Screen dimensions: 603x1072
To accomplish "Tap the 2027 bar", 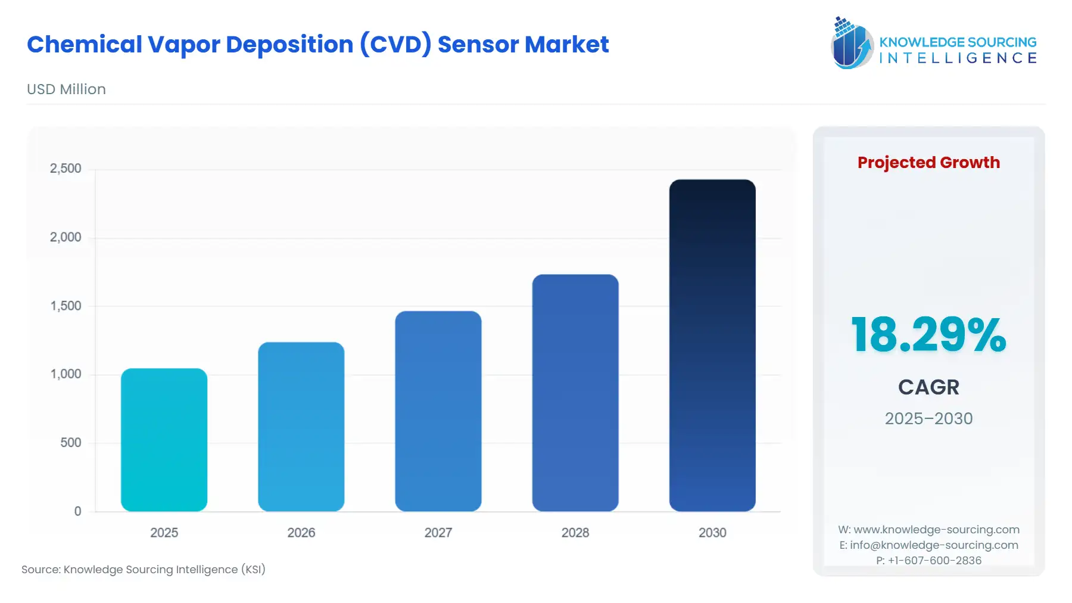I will (438, 411).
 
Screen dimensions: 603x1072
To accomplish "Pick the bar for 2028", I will (575, 393).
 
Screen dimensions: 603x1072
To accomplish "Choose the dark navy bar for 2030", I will (712, 346).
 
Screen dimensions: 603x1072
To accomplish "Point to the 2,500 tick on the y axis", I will (66, 169).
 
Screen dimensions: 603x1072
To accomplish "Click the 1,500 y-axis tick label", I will (66, 306).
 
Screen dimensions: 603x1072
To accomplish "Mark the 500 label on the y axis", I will (70, 443).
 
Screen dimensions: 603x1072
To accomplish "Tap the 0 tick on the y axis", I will (77, 511).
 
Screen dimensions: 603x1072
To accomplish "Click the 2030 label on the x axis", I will (712, 533).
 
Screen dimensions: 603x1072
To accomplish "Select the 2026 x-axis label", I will (301, 533).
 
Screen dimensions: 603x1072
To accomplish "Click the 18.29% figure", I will (928, 335).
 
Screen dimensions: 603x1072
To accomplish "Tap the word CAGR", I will (928, 387).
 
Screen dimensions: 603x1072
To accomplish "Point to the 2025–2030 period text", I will (928, 418).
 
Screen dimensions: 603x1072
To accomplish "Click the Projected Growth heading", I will (928, 163).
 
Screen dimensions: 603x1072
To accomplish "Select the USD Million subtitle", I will (66, 89).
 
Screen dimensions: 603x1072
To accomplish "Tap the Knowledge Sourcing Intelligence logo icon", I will (852, 43).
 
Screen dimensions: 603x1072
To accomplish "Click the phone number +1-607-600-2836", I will (934, 560).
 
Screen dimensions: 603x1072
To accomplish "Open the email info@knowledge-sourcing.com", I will (934, 545).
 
